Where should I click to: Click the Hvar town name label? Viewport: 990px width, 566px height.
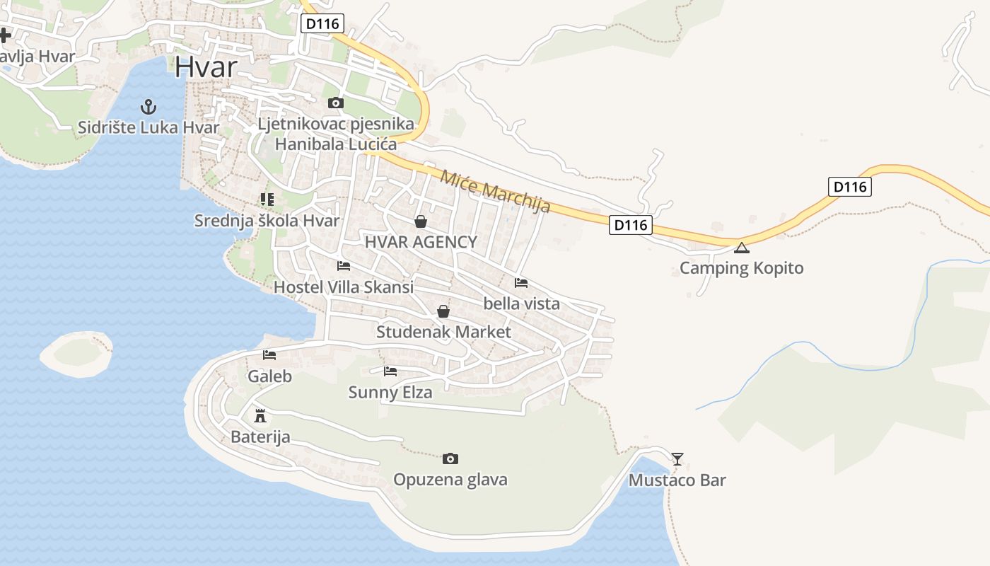pos(206,67)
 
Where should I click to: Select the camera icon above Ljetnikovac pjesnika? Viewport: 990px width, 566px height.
pos(336,103)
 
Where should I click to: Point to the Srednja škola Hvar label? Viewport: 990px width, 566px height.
pos(267,221)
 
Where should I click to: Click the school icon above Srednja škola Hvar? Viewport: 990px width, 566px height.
pos(267,200)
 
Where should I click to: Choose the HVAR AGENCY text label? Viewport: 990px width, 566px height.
pos(421,242)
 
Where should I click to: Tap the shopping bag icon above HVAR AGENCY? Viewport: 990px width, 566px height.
pos(421,221)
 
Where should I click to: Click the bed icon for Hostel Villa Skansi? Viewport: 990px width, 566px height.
pos(344,266)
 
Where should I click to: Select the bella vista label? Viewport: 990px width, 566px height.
pos(521,304)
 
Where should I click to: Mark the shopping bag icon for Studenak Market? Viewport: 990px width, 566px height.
pos(443,311)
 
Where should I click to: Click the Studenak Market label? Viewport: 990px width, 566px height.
pos(443,332)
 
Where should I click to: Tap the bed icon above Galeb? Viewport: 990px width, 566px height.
pos(269,355)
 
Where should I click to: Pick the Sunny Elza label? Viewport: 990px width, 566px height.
pos(390,392)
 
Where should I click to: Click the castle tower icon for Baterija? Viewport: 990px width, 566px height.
pos(260,415)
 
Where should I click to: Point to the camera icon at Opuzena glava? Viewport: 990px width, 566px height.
pos(450,459)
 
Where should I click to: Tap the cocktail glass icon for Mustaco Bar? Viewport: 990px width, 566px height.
pos(677,459)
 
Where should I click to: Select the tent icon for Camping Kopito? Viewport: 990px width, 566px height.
pos(741,248)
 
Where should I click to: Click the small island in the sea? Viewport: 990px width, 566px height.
pos(75,354)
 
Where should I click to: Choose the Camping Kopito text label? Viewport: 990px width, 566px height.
pos(741,268)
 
